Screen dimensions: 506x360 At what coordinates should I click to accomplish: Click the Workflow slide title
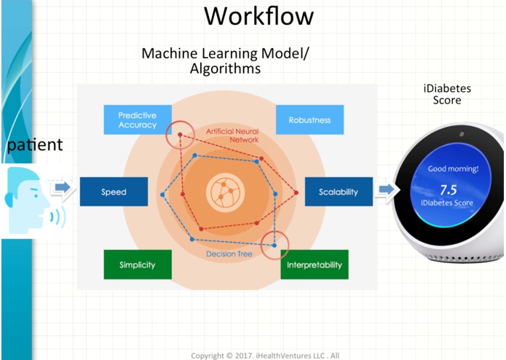258,15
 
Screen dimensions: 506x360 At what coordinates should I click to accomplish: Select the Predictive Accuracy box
138,120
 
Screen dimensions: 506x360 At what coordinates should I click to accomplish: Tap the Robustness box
310,120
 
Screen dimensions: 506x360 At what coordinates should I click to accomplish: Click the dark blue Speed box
114,192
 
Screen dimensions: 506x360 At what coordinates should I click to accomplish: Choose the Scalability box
339,192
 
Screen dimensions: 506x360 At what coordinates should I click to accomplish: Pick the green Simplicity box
138,265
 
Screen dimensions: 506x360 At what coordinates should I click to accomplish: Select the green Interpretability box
315,265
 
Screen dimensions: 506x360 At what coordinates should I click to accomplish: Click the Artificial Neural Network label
232,136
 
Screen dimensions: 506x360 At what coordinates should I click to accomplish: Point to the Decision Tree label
229,254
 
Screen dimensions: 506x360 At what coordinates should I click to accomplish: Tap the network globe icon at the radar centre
225,192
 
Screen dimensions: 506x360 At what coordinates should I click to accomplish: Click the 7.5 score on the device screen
448,190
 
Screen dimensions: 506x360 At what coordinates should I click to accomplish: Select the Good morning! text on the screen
453,168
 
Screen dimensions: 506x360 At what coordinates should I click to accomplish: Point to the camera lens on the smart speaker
462,134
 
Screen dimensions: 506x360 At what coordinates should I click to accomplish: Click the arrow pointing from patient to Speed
63,187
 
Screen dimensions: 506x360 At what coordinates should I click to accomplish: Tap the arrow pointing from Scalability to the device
387,189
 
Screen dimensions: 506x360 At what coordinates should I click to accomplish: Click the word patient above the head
35,144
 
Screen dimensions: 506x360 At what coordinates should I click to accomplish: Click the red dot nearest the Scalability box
296,192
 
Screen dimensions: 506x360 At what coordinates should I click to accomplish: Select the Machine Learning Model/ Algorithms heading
225,60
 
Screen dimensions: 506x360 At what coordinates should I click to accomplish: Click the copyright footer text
265,356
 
